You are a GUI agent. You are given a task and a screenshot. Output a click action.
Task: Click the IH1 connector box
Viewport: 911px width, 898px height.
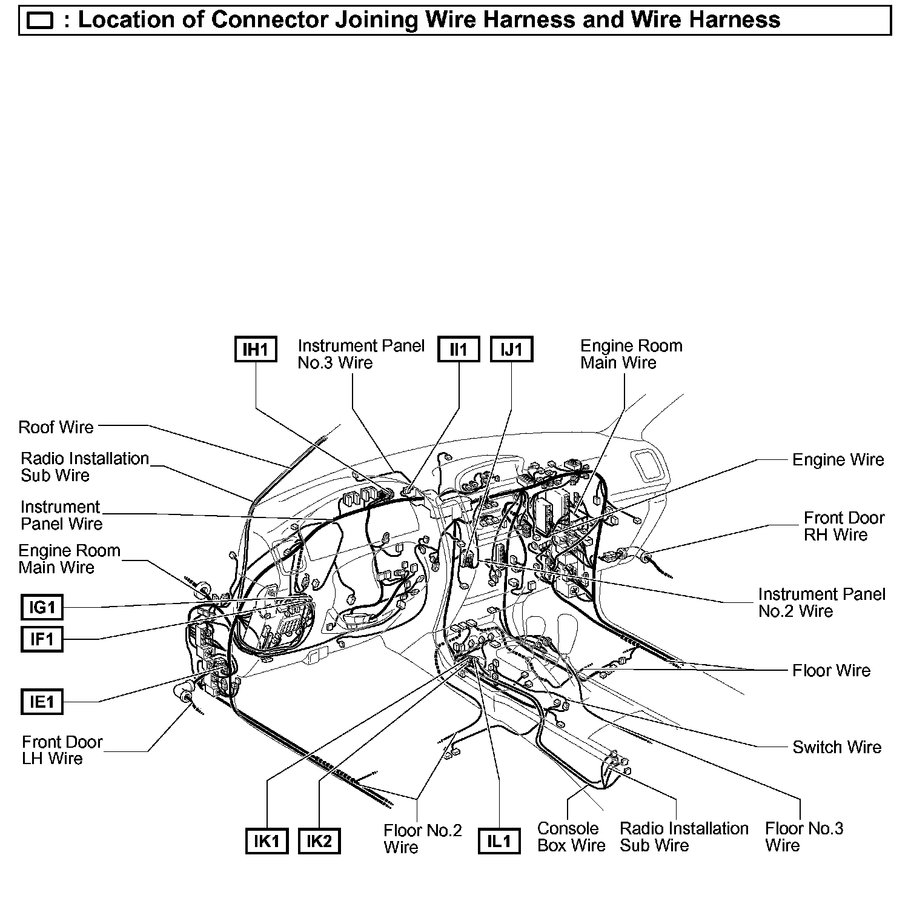click(x=256, y=350)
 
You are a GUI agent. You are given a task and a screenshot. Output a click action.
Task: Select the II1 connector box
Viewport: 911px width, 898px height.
click(x=459, y=350)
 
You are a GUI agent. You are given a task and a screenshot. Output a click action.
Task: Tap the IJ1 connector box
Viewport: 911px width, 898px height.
click(x=512, y=350)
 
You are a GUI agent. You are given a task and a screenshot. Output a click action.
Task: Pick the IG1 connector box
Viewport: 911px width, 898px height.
click(x=42, y=607)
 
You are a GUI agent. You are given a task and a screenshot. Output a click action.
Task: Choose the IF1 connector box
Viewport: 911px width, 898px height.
click(x=42, y=639)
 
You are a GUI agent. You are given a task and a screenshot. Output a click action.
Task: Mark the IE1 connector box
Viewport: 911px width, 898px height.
click(x=42, y=702)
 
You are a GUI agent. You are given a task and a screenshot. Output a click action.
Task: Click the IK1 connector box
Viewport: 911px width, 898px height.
click(x=267, y=841)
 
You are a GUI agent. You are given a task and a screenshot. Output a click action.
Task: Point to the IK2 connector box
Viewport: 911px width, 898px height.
click(x=319, y=841)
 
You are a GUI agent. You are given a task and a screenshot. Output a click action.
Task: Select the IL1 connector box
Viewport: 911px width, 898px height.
click(x=499, y=841)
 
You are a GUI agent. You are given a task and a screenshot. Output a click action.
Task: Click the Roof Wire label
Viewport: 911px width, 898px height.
click(x=56, y=427)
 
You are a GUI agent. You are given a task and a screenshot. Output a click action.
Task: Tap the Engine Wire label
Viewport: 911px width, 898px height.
click(x=838, y=460)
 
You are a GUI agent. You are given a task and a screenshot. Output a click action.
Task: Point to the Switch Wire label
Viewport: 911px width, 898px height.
click(x=836, y=747)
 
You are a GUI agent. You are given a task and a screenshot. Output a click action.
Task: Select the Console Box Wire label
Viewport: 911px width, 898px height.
click(x=571, y=837)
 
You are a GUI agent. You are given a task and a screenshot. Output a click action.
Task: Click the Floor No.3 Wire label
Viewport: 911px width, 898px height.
click(x=803, y=837)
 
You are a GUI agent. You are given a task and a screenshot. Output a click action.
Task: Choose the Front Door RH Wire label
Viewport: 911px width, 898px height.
click(x=843, y=526)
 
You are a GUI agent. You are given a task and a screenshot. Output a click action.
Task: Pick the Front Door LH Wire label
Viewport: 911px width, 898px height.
click(x=62, y=750)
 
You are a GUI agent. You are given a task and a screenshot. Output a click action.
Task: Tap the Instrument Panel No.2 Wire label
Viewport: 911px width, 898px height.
click(x=821, y=602)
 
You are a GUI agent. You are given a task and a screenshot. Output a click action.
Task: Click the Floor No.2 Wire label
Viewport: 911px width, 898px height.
click(x=422, y=838)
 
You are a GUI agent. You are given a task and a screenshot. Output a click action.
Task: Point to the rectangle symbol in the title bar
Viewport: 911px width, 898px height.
click(x=41, y=22)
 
